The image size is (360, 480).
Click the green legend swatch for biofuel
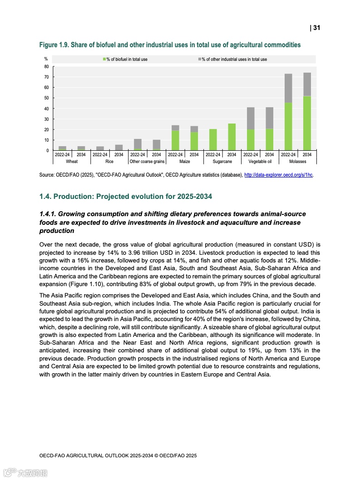point(104,59)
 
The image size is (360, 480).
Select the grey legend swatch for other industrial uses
point(199,59)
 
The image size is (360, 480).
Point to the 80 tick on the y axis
point(46,67)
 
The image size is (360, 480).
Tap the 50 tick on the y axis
point(46,98)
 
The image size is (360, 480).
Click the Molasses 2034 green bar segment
point(307,123)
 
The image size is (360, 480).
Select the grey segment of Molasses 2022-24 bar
point(288,88)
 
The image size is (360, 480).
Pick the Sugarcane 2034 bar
point(232,137)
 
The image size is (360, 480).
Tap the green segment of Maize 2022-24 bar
point(175,140)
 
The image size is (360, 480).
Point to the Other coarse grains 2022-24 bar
point(138,144)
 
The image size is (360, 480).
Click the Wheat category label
point(72,161)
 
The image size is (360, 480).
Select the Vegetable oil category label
point(260,161)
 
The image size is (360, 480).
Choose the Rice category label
point(109,161)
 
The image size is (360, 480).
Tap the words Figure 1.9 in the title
point(54,45)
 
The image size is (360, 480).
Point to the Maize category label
point(185,161)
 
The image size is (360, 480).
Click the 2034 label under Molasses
point(307,155)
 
